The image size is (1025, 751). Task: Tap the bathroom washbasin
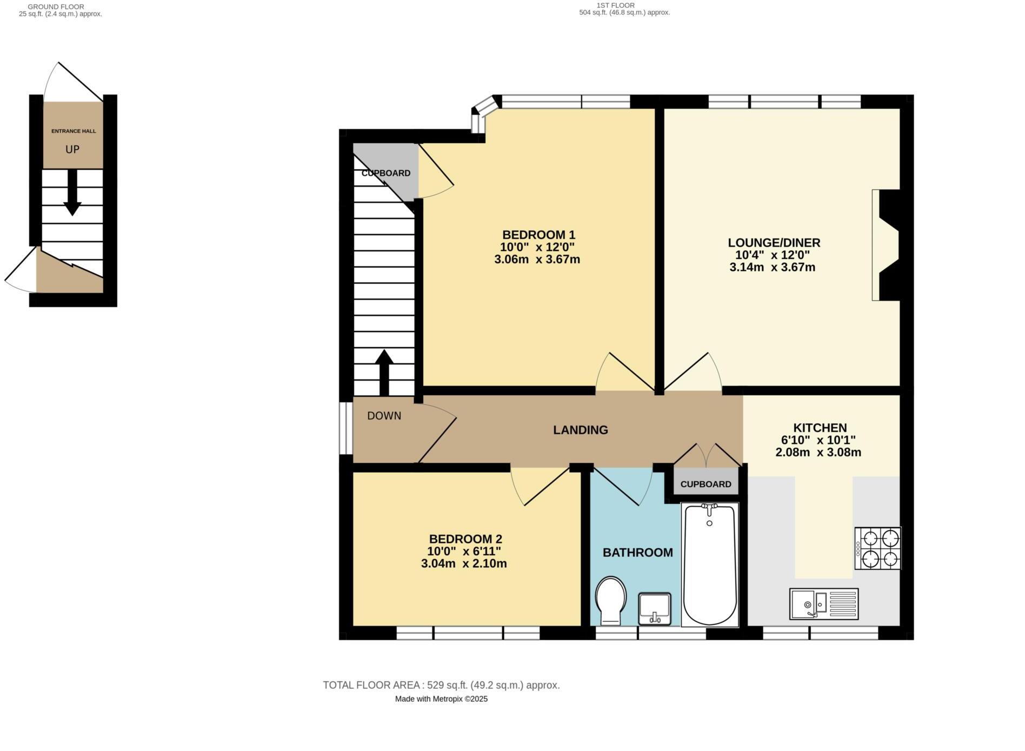(x=655, y=608)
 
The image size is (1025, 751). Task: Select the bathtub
(x=709, y=564)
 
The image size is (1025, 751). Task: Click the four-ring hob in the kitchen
(x=878, y=548)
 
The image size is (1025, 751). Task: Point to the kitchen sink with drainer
(x=823, y=603)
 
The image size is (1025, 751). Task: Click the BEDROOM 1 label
(x=538, y=235)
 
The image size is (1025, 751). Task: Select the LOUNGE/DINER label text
(x=774, y=243)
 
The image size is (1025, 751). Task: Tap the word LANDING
(x=581, y=430)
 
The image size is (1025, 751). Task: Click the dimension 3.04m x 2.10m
(x=464, y=564)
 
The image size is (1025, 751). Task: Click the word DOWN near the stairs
(x=384, y=416)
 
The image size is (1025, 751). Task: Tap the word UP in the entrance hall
(x=72, y=150)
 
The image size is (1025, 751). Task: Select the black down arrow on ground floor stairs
(x=72, y=193)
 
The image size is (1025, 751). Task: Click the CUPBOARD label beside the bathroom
(x=705, y=484)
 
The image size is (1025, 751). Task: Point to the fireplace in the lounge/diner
(x=887, y=245)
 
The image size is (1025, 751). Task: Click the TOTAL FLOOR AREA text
(x=441, y=685)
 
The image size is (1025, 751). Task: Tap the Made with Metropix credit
(x=441, y=699)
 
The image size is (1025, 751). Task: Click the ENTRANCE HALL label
(x=74, y=131)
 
